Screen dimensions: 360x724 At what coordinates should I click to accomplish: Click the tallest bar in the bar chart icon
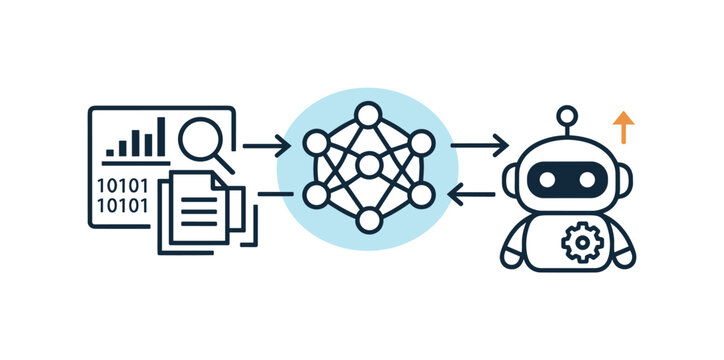pyautogui.click(x=160, y=137)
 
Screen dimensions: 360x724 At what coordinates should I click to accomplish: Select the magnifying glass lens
pyautogui.click(x=201, y=136)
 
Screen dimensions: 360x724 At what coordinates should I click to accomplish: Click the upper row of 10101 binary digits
pyautogui.click(x=121, y=185)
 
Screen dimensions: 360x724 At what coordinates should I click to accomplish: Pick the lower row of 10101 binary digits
pyautogui.click(x=121, y=206)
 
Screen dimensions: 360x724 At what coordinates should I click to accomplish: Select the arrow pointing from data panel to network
pyautogui.click(x=266, y=146)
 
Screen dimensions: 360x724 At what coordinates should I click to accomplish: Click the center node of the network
pyautogui.click(x=368, y=164)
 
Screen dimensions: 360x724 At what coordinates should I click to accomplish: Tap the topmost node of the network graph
pyautogui.click(x=368, y=112)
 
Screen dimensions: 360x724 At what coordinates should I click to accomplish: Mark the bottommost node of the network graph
pyautogui.click(x=368, y=220)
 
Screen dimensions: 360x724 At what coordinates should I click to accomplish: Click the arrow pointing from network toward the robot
pyautogui.click(x=479, y=146)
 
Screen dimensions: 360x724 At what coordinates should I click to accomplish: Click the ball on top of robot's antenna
pyautogui.click(x=567, y=115)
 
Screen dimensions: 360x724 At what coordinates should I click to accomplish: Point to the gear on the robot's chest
pyautogui.click(x=578, y=243)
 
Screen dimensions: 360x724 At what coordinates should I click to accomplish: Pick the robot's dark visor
pyautogui.click(x=567, y=180)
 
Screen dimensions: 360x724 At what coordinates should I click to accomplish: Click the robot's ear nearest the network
pyautogui.click(x=512, y=181)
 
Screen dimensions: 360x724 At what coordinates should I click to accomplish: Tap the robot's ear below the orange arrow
pyautogui.click(x=623, y=181)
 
